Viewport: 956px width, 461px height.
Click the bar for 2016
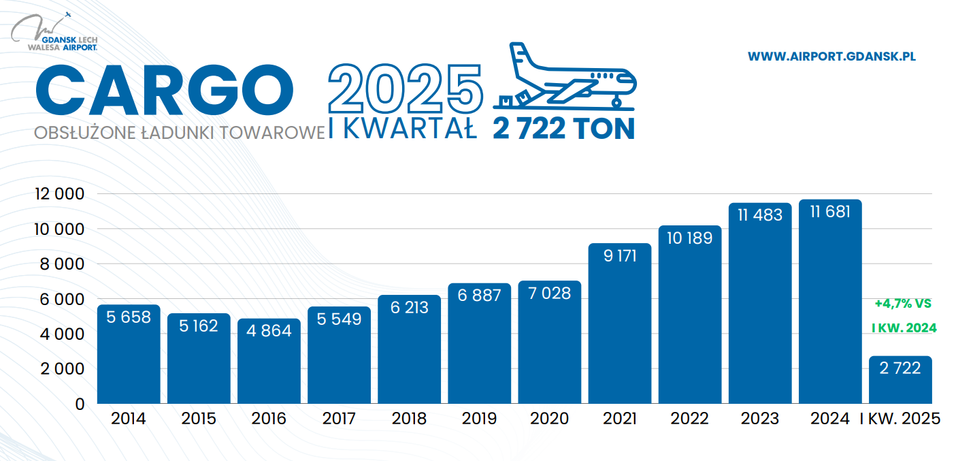click(269, 361)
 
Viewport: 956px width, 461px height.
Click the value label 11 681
click(830, 212)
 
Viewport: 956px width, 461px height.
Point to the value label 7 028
click(549, 293)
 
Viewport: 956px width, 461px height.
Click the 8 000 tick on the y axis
click(59, 264)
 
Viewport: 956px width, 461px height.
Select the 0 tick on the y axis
click(80, 404)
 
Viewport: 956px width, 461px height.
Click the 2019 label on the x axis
click(479, 419)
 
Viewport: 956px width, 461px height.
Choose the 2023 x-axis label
click(760, 419)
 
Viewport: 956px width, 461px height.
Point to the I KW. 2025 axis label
click(900, 419)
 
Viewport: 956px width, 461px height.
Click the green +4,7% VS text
click(902, 303)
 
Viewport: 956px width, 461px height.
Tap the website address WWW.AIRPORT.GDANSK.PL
click(831, 57)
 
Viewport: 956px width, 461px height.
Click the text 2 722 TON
click(563, 129)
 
